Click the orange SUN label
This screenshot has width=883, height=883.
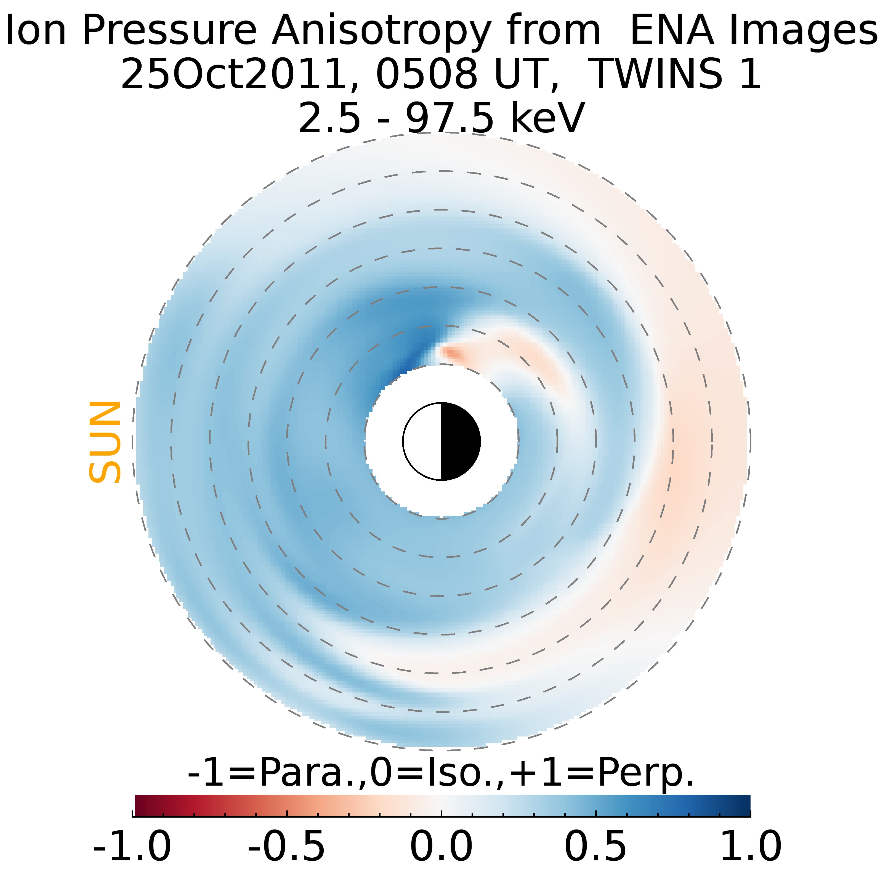pyautogui.click(x=105, y=442)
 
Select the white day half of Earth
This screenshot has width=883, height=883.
pyautogui.click(x=422, y=441)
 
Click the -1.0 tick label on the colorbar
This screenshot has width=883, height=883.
pyautogui.click(x=132, y=846)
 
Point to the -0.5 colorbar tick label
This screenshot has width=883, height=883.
pyautogui.click(x=287, y=846)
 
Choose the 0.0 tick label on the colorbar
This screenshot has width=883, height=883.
pyautogui.click(x=441, y=846)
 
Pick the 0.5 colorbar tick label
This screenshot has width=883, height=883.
pyautogui.click(x=596, y=846)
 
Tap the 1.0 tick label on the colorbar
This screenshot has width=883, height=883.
pyautogui.click(x=751, y=846)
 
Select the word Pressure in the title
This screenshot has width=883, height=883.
pyautogui.click(x=169, y=30)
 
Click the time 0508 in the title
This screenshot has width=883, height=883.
pyautogui.click(x=427, y=74)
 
